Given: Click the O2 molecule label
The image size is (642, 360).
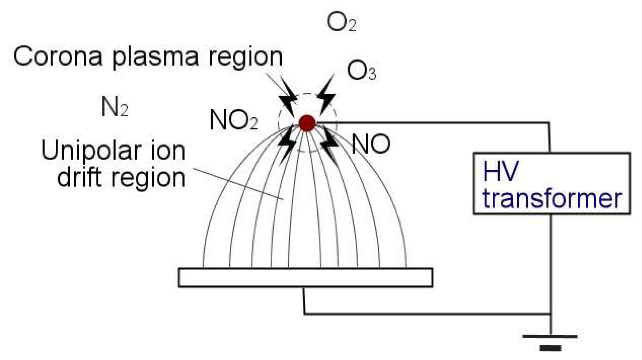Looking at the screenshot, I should (x=341, y=23).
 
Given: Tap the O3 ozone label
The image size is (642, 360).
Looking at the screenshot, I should (x=361, y=71).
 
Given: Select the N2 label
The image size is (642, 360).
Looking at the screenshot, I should (x=114, y=108).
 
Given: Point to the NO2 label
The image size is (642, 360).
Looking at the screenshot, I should (x=233, y=120).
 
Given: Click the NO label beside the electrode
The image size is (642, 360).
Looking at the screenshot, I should (x=371, y=144).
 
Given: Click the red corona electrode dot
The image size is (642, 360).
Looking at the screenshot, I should (x=307, y=123).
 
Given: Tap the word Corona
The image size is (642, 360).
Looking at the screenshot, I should (x=58, y=57).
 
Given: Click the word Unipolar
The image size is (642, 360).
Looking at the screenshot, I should (x=91, y=151).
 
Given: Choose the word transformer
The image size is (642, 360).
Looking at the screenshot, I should (x=552, y=198).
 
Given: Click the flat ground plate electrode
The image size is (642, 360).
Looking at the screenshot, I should (x=305, y=278).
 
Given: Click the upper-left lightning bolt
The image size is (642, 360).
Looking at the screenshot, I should (x=288, y=96).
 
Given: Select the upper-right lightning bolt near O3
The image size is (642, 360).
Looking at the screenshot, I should (x=326, y=95).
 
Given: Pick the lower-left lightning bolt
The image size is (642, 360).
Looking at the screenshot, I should (x=287, y=143).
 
